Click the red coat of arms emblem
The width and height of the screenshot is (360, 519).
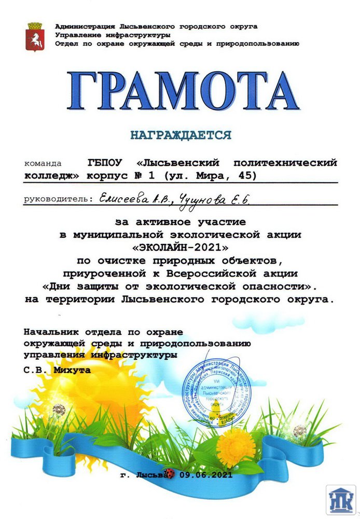pyautogui.click(x=35, y=36)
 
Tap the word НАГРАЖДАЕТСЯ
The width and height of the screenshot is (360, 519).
pyautogui.click(x=181, y=136)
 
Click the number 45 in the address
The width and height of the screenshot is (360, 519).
pyautogui.click(x=246, y=175)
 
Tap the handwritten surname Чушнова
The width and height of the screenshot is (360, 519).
pyautogui.click(x=196, y=198)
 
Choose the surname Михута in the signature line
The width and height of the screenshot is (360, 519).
pyautogui.click(x=73, y=370)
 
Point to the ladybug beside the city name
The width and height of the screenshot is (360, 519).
pyautogui.click(x=168, y=473)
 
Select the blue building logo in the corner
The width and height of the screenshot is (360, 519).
pyautogui.click(x=340, y=500)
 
